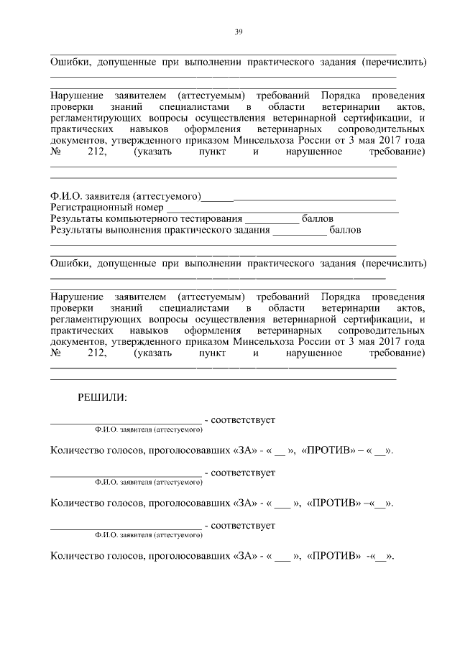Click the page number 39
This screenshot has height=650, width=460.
(238, 31)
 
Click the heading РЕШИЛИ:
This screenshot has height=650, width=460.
(103, 396)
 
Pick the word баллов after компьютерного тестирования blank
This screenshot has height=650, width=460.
(317, 219)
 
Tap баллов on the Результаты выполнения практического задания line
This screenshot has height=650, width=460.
(345, 231)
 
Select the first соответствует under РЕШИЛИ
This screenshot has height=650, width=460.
(244, 419)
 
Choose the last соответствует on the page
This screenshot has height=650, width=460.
(244, 526)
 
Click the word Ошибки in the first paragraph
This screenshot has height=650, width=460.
(70, 62)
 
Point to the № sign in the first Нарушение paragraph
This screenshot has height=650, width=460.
(57, 153)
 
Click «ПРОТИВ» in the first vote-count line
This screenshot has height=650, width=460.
(332, 450)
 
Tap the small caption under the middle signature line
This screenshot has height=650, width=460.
(149, 483)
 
